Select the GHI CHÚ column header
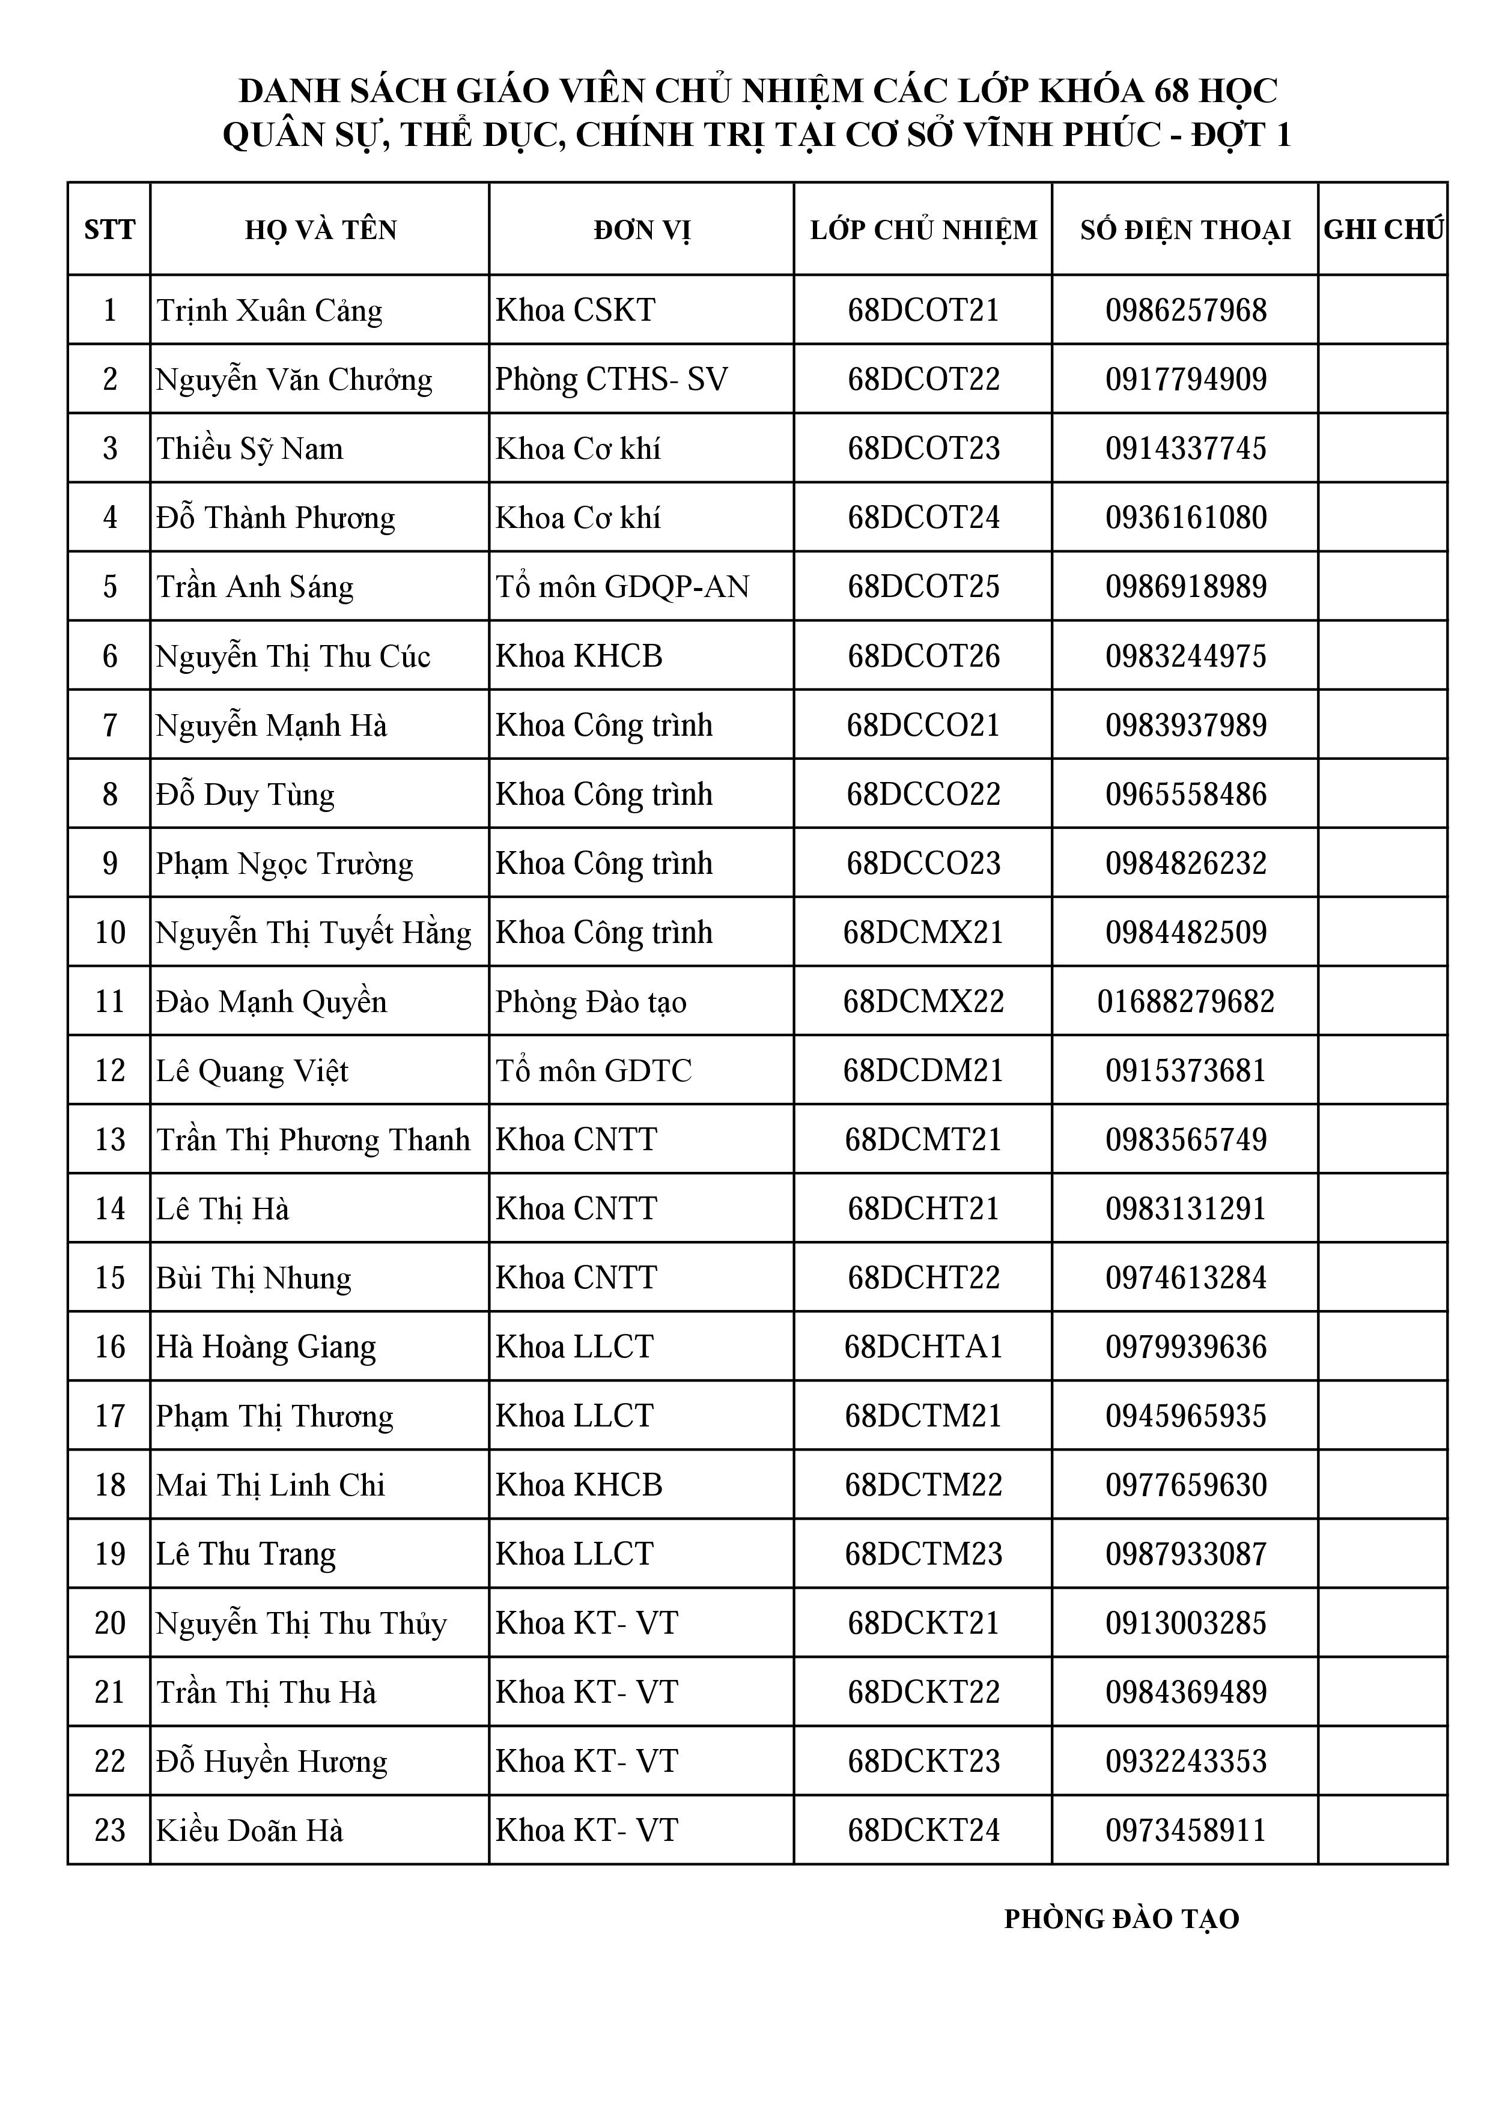tap(1382, 229)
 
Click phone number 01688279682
tap(1185, 1001)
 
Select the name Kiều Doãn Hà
tap(250, 1831)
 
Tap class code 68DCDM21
tap(923, 1071)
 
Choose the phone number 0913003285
tap(1185, 1623)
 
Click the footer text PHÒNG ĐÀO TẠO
tap(1121, 1920)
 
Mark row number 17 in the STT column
tap(109, 1416)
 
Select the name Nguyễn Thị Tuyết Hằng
tap(313, 932)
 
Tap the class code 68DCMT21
tap(923, 1140)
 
